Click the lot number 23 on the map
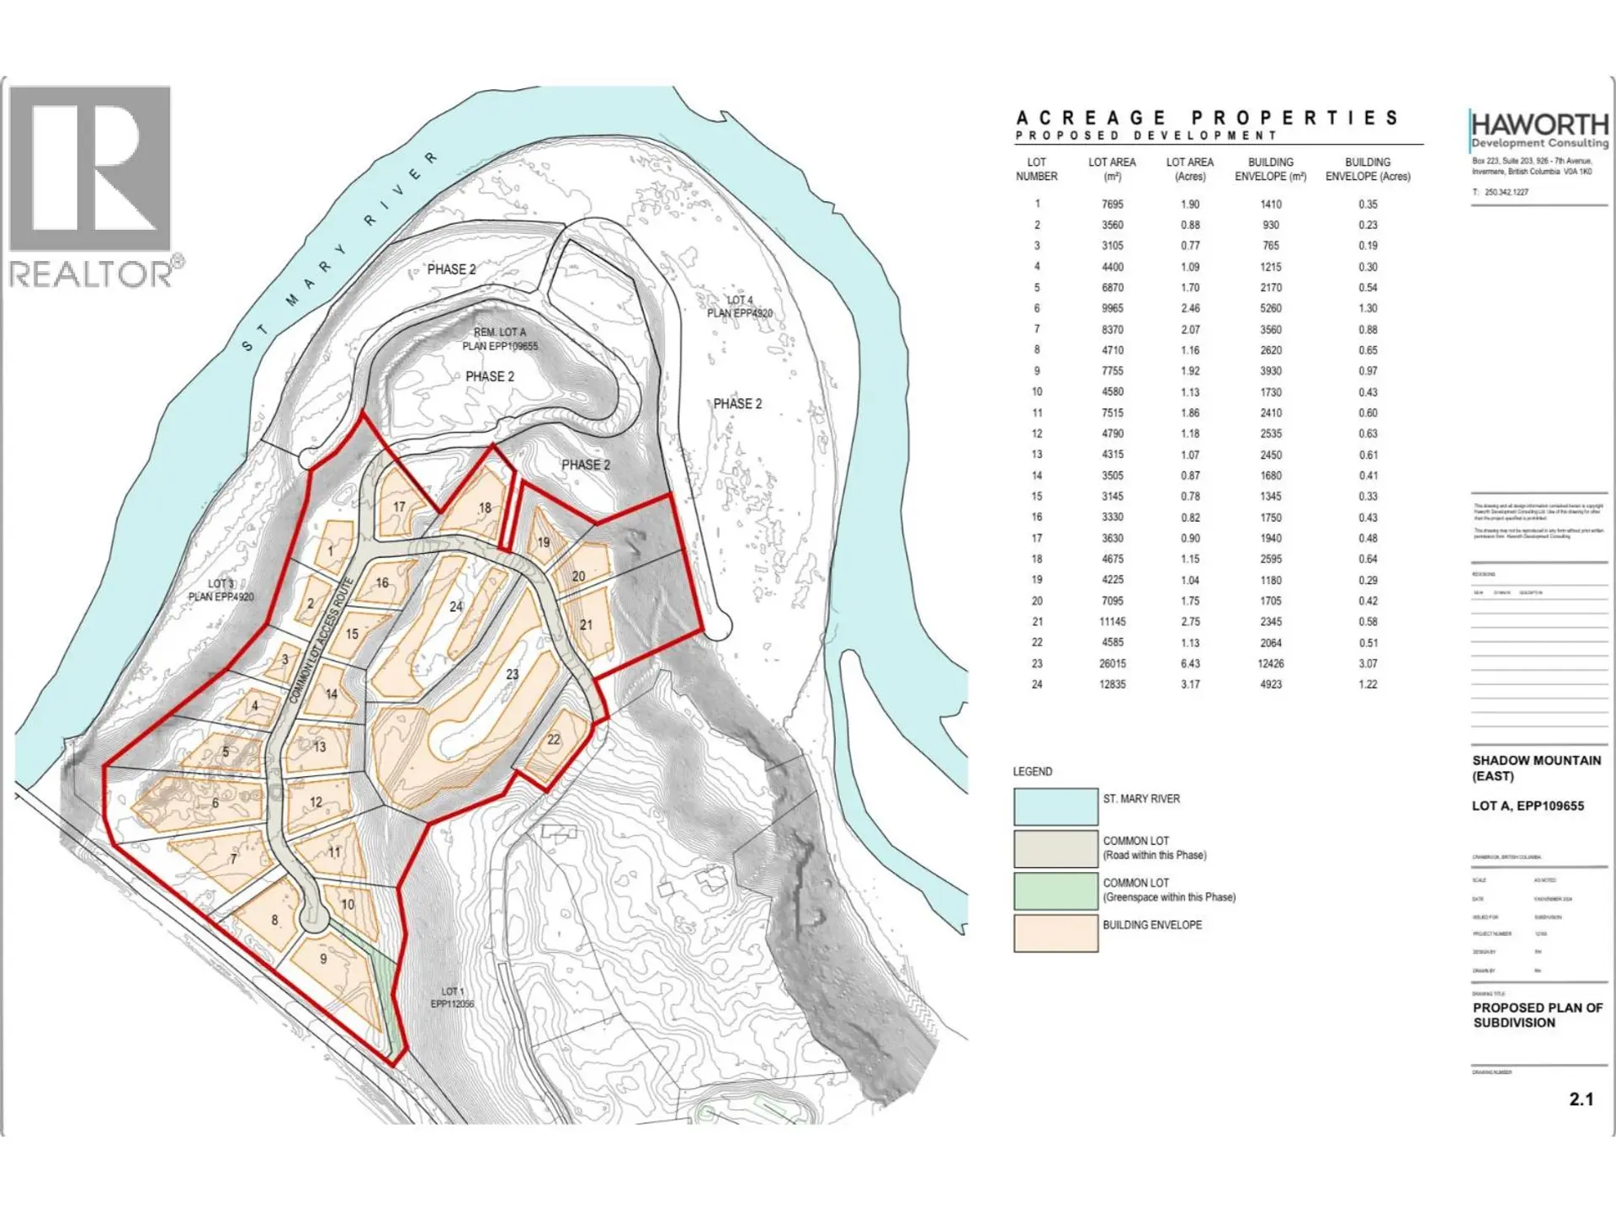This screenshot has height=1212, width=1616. [513, 674]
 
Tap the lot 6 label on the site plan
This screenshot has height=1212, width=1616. [215, 803]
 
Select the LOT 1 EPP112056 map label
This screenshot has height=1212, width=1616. [453, 997]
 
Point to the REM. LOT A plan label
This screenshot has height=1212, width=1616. [500, 339]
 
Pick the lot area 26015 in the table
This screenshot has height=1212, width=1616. [1112, 664]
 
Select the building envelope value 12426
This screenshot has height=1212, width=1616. [1270, 664]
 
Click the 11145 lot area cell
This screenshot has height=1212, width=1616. [1112, 622]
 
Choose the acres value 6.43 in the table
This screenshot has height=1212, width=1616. [1189, 664]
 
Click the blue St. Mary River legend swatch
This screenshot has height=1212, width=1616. [1055, 806]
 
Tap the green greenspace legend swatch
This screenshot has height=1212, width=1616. [1055, 890]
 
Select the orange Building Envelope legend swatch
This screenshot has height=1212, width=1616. [1055, 933]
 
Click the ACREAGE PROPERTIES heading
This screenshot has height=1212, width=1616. [1208, 119]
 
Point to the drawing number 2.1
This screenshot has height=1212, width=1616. [1581, 1099]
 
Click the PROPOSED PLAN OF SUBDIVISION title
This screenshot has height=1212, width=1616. [1537, 1015]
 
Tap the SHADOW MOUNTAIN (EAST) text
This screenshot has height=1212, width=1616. [1536, 768]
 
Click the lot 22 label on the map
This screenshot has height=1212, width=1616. [553, 740]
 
